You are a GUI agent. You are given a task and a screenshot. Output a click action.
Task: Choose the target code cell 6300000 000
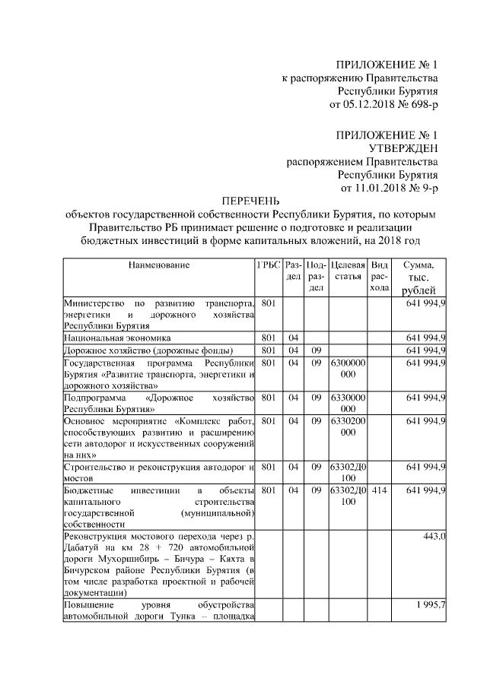[x=348, y=369]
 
